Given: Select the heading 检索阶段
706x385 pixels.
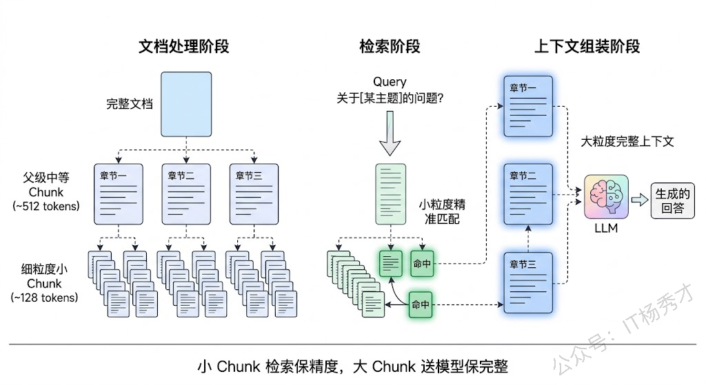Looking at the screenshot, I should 390,47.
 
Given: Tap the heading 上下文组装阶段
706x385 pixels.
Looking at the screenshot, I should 587,47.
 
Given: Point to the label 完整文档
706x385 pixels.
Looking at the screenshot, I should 130,105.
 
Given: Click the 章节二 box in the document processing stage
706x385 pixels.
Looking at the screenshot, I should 185,195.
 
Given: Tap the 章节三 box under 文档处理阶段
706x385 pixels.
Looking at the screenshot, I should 254,195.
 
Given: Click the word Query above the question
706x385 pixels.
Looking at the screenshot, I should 390,82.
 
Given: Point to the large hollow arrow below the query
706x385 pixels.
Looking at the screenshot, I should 390,138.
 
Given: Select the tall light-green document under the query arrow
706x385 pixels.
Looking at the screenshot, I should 390,194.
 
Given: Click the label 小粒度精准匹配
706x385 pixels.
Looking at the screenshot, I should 442,211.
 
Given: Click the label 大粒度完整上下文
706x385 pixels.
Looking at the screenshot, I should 627,142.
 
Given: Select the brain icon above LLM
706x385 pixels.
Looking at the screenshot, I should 605,196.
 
